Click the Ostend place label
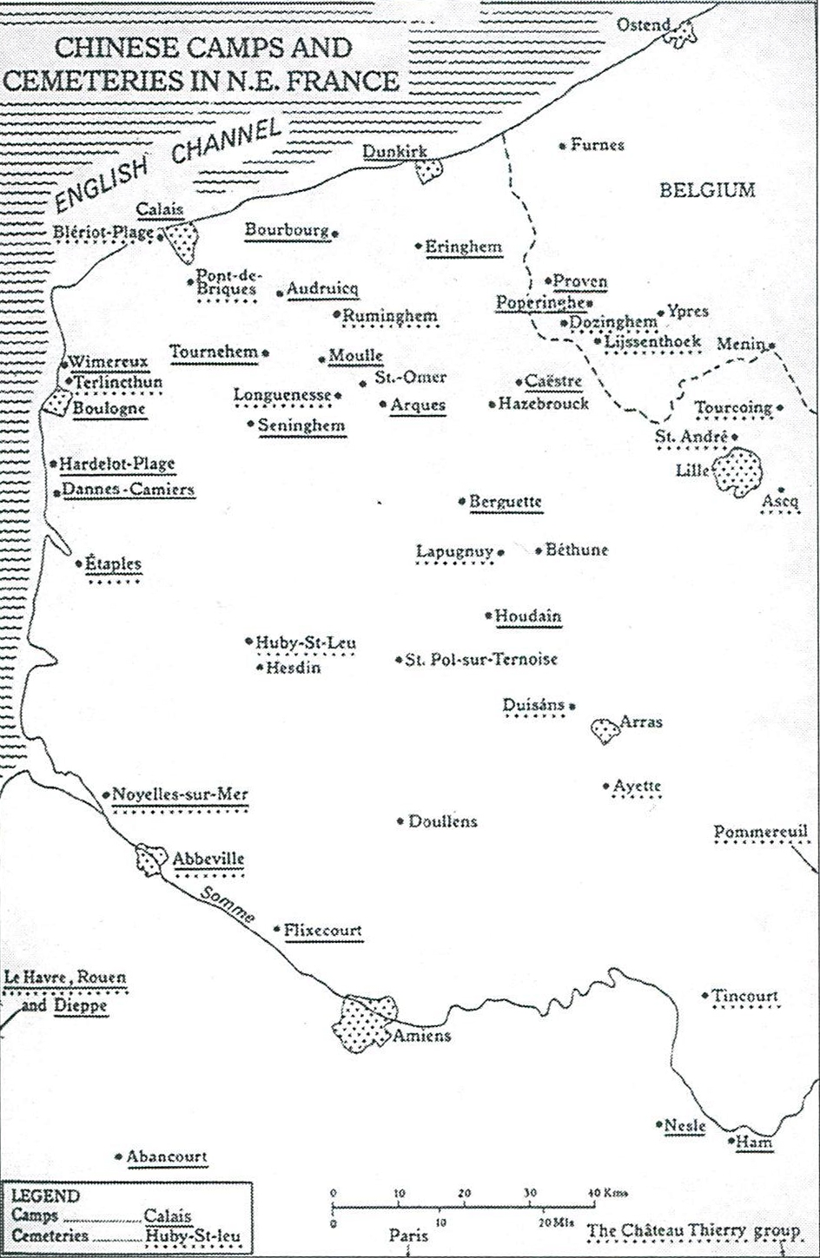tap(643, 23)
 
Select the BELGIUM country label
tap(707, 190)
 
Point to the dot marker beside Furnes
tap(563, 145)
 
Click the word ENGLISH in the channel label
tap(97, 184)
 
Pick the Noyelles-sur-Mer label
tap(180, 794)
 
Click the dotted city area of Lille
tap(737, 471)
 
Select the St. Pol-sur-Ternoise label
tap(480, 660)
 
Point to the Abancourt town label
tap(167, 1156)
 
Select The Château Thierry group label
tap(693, 1231)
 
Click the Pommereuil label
tap(761, 832)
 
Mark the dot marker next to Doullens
tap(400, 821)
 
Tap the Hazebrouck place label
tap(544, 404)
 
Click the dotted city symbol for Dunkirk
tap(429, 169)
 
